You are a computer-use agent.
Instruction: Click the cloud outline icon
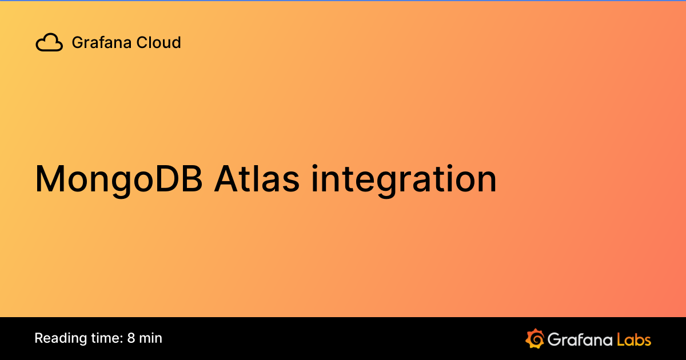pyautogui.click(x=49, y=43)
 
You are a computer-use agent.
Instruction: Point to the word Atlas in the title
pyautogui.click(x=257, y=179)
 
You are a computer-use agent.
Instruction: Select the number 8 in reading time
pyautogui.click(x=131, y=338)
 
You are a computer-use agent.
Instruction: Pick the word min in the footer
pyautogui.click(x=151, y=338)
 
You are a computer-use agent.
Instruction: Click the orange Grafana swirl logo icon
pyautogui.click(x=535, y=338)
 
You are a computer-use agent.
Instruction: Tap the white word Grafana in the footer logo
pyautogui.click(x=580, y=339)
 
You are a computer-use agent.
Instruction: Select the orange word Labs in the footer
pyautogui.click(x=634, y=339)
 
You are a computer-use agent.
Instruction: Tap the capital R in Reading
pyautogui.click(x=39, y=338)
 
